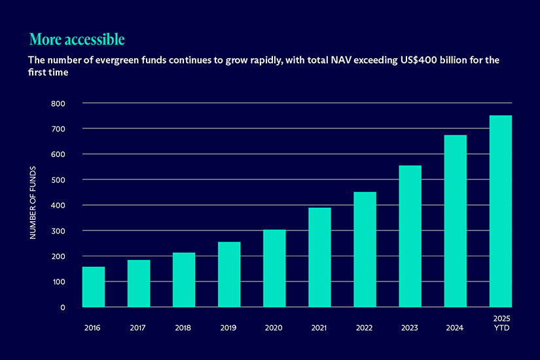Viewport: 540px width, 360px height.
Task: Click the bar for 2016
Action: (94, 287)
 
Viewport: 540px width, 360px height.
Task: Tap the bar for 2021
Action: (319, 257)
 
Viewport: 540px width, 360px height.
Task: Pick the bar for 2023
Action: (410, 236)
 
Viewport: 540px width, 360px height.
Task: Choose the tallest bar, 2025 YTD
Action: (501, 211)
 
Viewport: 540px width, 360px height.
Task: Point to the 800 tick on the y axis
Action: (58, 103)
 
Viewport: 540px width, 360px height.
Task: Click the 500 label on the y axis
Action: (58, 180)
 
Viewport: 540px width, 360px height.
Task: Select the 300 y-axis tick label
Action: (58, 231)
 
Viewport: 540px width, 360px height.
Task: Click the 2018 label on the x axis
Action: (184, 328)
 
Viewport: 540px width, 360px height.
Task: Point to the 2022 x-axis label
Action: (365, 328)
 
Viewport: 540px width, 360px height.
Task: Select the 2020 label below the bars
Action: (274, 328)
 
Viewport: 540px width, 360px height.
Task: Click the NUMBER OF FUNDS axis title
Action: (33, 203)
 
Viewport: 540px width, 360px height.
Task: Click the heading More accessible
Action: (77, 39)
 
